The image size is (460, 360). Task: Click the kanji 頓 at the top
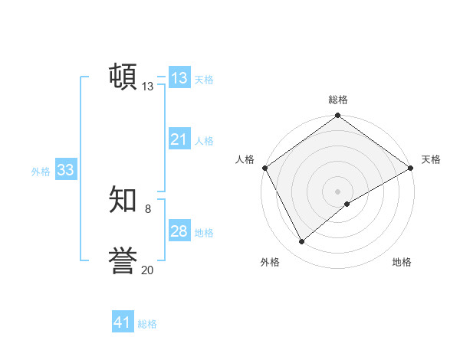(x=123, y=77)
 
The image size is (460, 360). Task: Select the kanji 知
(x=123, y=200)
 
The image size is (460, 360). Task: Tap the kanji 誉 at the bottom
(x=123, y=260)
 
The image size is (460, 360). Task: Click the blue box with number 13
(x=179, y=78)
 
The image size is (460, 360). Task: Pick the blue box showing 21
(x=179, y=139)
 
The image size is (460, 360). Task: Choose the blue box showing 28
(x=179, y=231)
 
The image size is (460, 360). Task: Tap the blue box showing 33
(x=65, y=170)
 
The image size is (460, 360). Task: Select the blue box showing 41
(x=123, y=322)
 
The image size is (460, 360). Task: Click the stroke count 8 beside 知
(x=147, y=208)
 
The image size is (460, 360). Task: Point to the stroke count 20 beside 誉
(x=147, y=270)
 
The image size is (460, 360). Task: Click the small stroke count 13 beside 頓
(x=147, y=87)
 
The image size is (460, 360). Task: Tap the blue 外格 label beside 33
(x=41, y=172)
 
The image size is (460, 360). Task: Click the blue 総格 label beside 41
(x=147, y=324)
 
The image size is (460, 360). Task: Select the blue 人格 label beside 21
(x=204, y=141)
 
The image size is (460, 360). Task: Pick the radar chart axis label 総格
(x=338, y=100)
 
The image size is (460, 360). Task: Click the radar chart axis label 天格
(x=431, y=159)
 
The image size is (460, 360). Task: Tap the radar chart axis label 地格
(x=402, y=262)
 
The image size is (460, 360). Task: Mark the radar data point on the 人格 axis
(x=265, y=168)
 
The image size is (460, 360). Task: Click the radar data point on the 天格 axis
(x=411, y=168)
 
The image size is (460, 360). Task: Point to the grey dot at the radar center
(x=338, y=191)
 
